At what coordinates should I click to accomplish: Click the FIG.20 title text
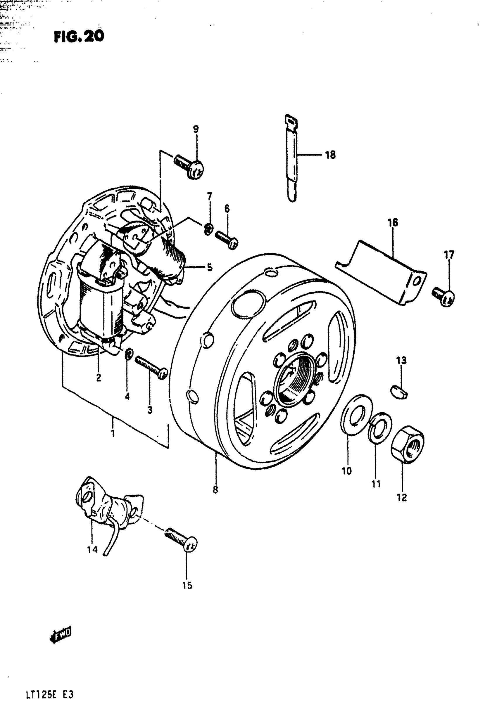click(x=79, y=37)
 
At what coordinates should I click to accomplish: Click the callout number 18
click(x=330, y=155)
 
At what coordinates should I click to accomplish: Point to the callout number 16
click(x=393, y=222)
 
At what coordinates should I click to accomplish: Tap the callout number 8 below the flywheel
click(x=215, y=489)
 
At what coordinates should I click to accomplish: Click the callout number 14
click(x=92, y=549)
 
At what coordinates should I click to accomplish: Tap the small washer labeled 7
click(x=208, y=229)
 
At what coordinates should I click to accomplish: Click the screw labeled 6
click(x=227, y=240)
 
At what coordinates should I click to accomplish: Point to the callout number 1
click(x=113, y=433)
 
